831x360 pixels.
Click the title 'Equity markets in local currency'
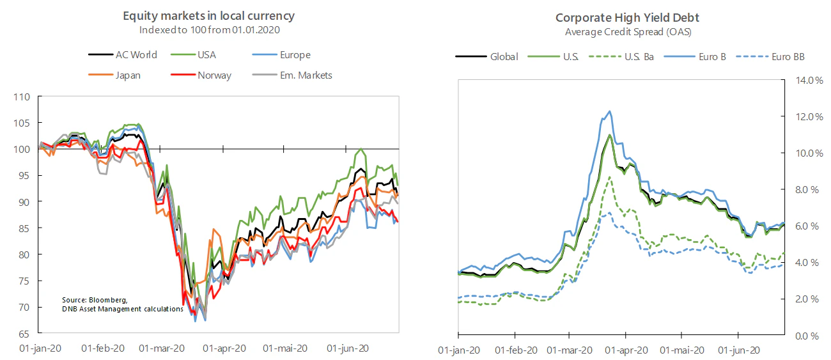point(208,15)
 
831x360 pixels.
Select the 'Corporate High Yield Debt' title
point(627,17)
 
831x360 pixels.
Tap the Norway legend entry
point(201,75)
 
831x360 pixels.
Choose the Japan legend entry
point(114,75)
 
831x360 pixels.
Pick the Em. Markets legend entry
point(292,75)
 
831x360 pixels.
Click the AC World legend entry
point(123,55)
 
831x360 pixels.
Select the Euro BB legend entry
point(770,57)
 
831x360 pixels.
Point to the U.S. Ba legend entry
point(621,57)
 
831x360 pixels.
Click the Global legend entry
point(486,57)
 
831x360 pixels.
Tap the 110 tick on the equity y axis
point(22,97)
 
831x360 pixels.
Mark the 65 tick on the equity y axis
point(24,334)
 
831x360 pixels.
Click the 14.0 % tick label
point(809,80)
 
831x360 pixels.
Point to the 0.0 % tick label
point(807,336)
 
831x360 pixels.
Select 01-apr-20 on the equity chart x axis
point(224,348)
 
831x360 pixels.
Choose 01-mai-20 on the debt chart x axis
point(682,350)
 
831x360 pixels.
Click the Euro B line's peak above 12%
point(610,111)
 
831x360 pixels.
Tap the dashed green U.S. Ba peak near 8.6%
point(609,177)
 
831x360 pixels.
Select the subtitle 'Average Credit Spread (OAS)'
point(628,32)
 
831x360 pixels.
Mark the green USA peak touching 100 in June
point(361,149)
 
